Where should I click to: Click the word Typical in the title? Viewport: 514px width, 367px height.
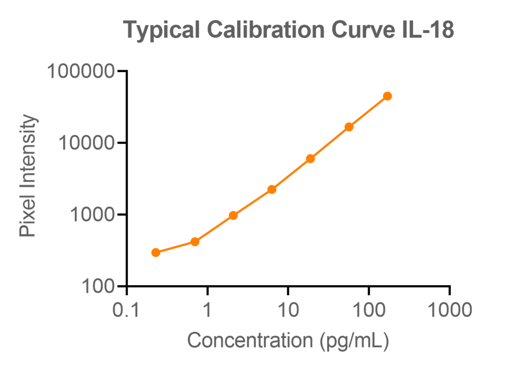(x=160, y=31)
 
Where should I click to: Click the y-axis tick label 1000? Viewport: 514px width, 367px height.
(x=93, y=215)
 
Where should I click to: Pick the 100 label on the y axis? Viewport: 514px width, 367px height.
(x=99, y=287)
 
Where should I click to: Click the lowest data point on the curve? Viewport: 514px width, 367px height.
(x=156, y=252)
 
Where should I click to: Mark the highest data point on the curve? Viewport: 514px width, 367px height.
(x=387, y=96)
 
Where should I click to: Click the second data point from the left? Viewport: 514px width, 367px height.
(x=195, y=242)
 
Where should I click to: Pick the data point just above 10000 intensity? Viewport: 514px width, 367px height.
(x=349, y=127)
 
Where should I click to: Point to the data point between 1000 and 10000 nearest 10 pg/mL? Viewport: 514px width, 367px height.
(x=272, y=189)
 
